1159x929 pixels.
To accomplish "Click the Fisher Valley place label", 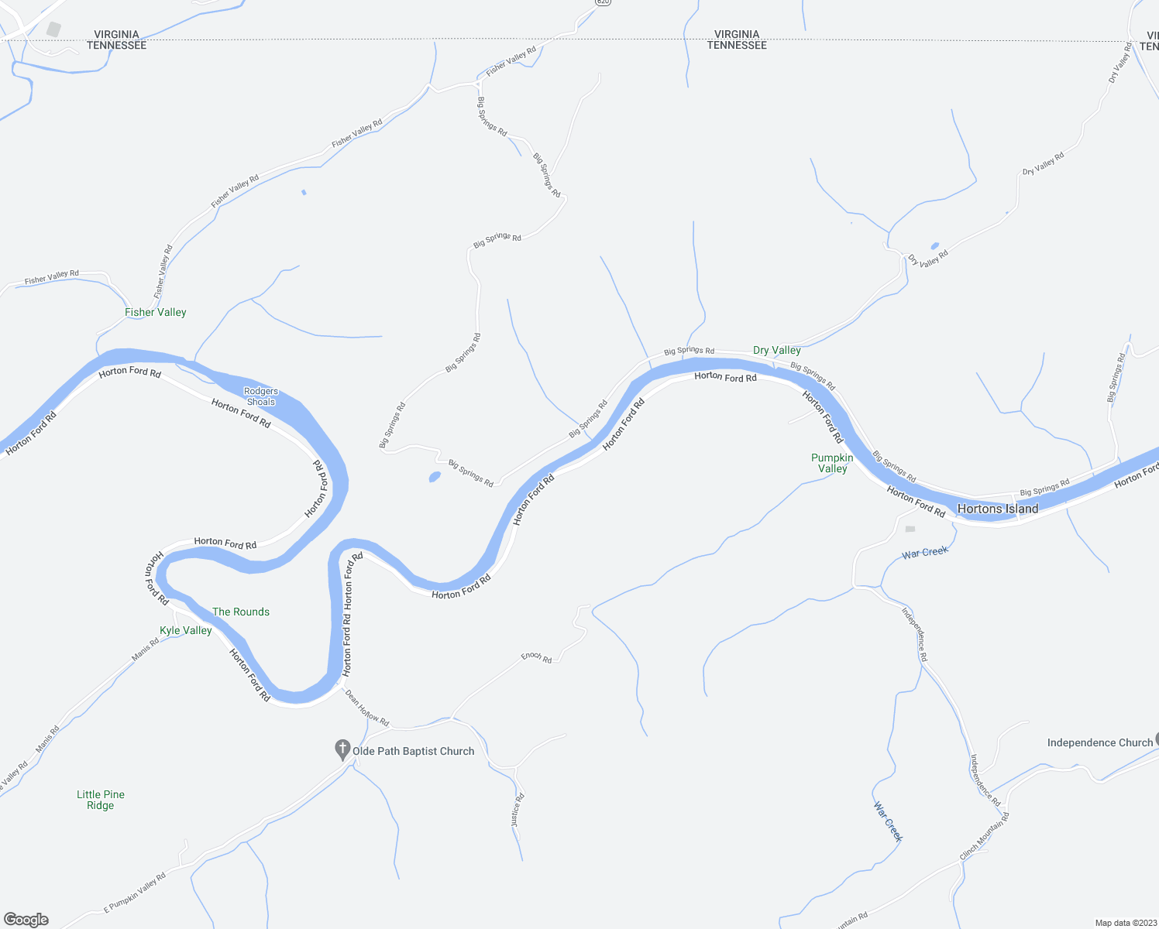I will pos(156,312).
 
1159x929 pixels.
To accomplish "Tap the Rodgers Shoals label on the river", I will pos(261,396).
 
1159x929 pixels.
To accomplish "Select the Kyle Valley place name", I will pos(186,630).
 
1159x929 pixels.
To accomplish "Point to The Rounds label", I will pos(241,612).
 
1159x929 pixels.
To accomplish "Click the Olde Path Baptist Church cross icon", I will pos(342,749).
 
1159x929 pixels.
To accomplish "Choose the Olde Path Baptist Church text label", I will pos(413,751).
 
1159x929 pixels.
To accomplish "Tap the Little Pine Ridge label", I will pos(101,800).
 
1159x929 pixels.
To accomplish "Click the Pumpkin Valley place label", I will pos(832,463).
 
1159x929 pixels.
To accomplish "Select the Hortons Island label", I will pos(998,509).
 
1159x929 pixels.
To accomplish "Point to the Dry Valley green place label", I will pos(777,350).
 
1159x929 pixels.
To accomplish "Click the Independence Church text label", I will pos(1100,742).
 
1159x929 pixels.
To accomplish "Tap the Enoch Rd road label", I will pos(536,657).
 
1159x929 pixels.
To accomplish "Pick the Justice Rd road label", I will pos(518,810).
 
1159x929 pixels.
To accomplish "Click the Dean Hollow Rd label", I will pos(366,708).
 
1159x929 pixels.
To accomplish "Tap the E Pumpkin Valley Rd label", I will pos(135,893).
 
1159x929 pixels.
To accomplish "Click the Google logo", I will pos(26,920).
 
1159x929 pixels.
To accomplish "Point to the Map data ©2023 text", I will pos(1125,923).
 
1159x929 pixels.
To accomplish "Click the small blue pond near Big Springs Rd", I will pos(435,477).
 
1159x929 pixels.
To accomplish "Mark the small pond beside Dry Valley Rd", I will pos(935,246).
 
